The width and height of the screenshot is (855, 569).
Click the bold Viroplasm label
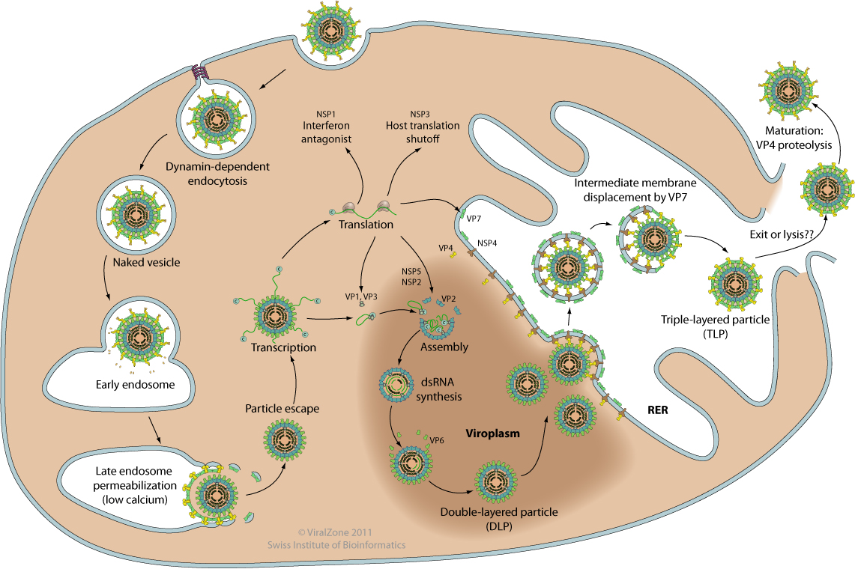[x=492, y=433]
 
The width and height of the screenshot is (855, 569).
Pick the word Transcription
[x=284, y=347]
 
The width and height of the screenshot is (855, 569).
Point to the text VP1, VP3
[x=361, y=296]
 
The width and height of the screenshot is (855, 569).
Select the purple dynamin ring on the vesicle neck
[x=202, y=73]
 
